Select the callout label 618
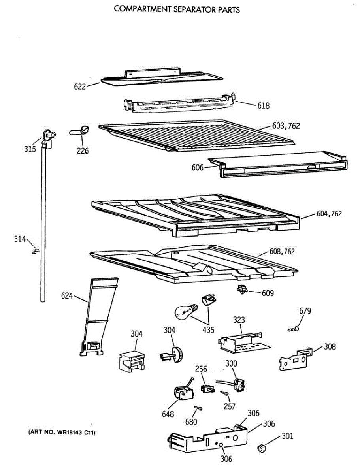point(263,106)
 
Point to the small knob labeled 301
point(262,448)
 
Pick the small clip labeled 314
point(36,250)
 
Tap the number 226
point(83,150)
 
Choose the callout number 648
point(168,414)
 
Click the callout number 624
point(68,295)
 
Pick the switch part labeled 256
point(206,388)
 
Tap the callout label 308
point(330,347)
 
